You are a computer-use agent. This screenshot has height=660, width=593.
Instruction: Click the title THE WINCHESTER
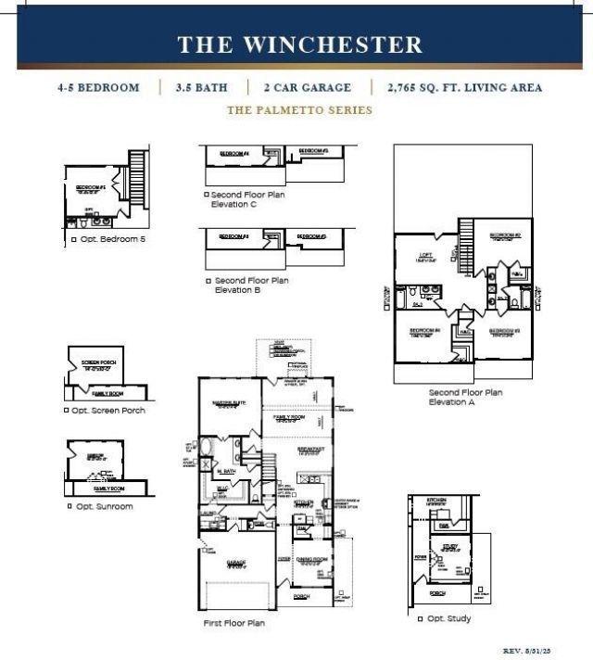[x=299, y=44]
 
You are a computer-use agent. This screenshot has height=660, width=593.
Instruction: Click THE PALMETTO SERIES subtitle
[x=299, y=110]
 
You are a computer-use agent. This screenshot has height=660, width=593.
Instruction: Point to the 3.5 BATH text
[x=203, y=88]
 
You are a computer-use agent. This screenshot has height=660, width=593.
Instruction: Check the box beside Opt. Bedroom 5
[x=73, y=240]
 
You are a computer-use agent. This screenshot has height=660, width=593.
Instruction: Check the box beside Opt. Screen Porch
[x=67, y=410]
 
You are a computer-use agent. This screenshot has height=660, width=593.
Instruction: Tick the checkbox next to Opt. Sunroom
[x=69, y=506]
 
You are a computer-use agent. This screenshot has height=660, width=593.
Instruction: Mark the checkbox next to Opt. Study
[x=420, y=618]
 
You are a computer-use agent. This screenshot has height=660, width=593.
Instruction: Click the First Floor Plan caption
[x=233, y=623]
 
